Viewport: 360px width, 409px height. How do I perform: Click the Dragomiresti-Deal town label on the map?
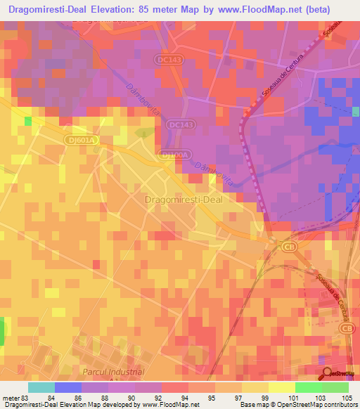click(x=184, y=200)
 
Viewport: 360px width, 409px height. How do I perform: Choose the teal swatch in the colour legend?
click(x=41, y=387)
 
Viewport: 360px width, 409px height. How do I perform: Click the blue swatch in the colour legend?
click(x=68, y=387)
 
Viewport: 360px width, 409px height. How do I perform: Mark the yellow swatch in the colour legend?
click(x=281, y=387)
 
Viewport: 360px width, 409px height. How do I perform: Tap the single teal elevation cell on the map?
click(x=28, y=121)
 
